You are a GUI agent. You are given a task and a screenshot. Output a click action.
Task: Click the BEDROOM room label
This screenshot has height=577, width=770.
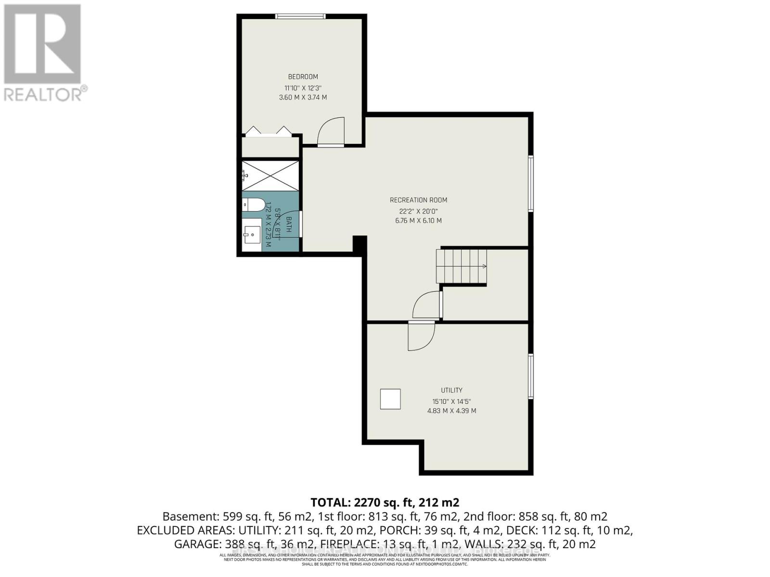pos(303,77)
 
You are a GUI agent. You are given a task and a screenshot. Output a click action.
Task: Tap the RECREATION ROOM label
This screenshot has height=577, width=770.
pos(418,200)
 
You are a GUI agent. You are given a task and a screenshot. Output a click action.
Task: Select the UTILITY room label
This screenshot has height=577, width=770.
pos(451,390)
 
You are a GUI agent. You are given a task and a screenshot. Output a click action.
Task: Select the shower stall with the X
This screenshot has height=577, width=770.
pos(270,176)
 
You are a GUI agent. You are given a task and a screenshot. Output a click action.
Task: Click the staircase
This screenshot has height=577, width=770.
pos(461,266)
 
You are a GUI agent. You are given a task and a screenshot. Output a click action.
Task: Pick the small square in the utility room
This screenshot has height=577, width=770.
pos(390,399)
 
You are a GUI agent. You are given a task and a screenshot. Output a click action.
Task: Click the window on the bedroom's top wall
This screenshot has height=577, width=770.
pos(300,16)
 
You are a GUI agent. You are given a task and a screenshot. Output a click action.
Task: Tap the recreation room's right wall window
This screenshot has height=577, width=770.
pos(530,183)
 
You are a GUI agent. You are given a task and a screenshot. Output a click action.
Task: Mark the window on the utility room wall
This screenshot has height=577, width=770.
pos(530,376)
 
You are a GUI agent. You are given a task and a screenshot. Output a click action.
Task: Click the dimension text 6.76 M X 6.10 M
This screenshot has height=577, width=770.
pos(418,221)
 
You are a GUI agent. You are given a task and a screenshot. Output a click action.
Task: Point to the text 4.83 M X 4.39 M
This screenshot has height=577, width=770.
pos(451,411)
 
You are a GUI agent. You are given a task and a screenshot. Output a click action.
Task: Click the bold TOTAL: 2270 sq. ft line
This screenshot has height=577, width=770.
pos(385,503)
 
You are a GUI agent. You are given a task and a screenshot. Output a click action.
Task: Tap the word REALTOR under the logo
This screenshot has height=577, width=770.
pos(43,94)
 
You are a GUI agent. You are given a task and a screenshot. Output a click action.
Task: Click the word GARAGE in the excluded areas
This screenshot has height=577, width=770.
pos(195,544)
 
